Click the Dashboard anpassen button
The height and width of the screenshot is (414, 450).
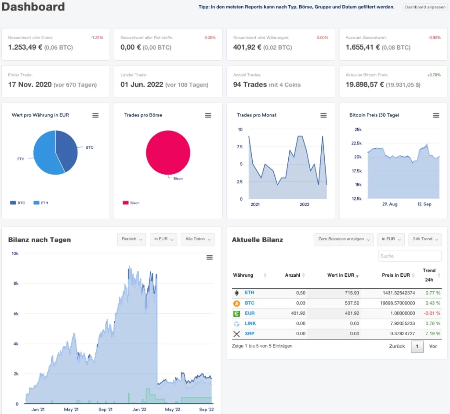point(425,7)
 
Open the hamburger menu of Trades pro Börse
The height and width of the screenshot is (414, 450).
point(208,115)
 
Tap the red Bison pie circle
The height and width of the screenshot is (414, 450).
point(168,152)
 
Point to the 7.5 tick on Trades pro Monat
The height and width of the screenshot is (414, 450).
point(240,147)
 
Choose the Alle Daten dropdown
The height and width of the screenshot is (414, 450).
point(198,239)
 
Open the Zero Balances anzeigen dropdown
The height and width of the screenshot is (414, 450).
point(344,239)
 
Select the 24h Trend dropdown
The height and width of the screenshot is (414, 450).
point(425,239)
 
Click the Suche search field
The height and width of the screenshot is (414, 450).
point(410,256)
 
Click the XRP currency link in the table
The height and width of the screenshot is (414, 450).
point(249,333)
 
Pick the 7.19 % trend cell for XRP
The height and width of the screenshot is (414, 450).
point(432,333)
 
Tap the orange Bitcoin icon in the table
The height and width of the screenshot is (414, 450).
point(237,303)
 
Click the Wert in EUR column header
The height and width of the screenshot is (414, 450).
point(341,275)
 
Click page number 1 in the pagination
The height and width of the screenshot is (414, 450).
point(417,347)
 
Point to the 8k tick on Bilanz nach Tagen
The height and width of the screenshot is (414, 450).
point(16,284)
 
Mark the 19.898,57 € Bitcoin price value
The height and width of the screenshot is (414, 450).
point(364,84)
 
